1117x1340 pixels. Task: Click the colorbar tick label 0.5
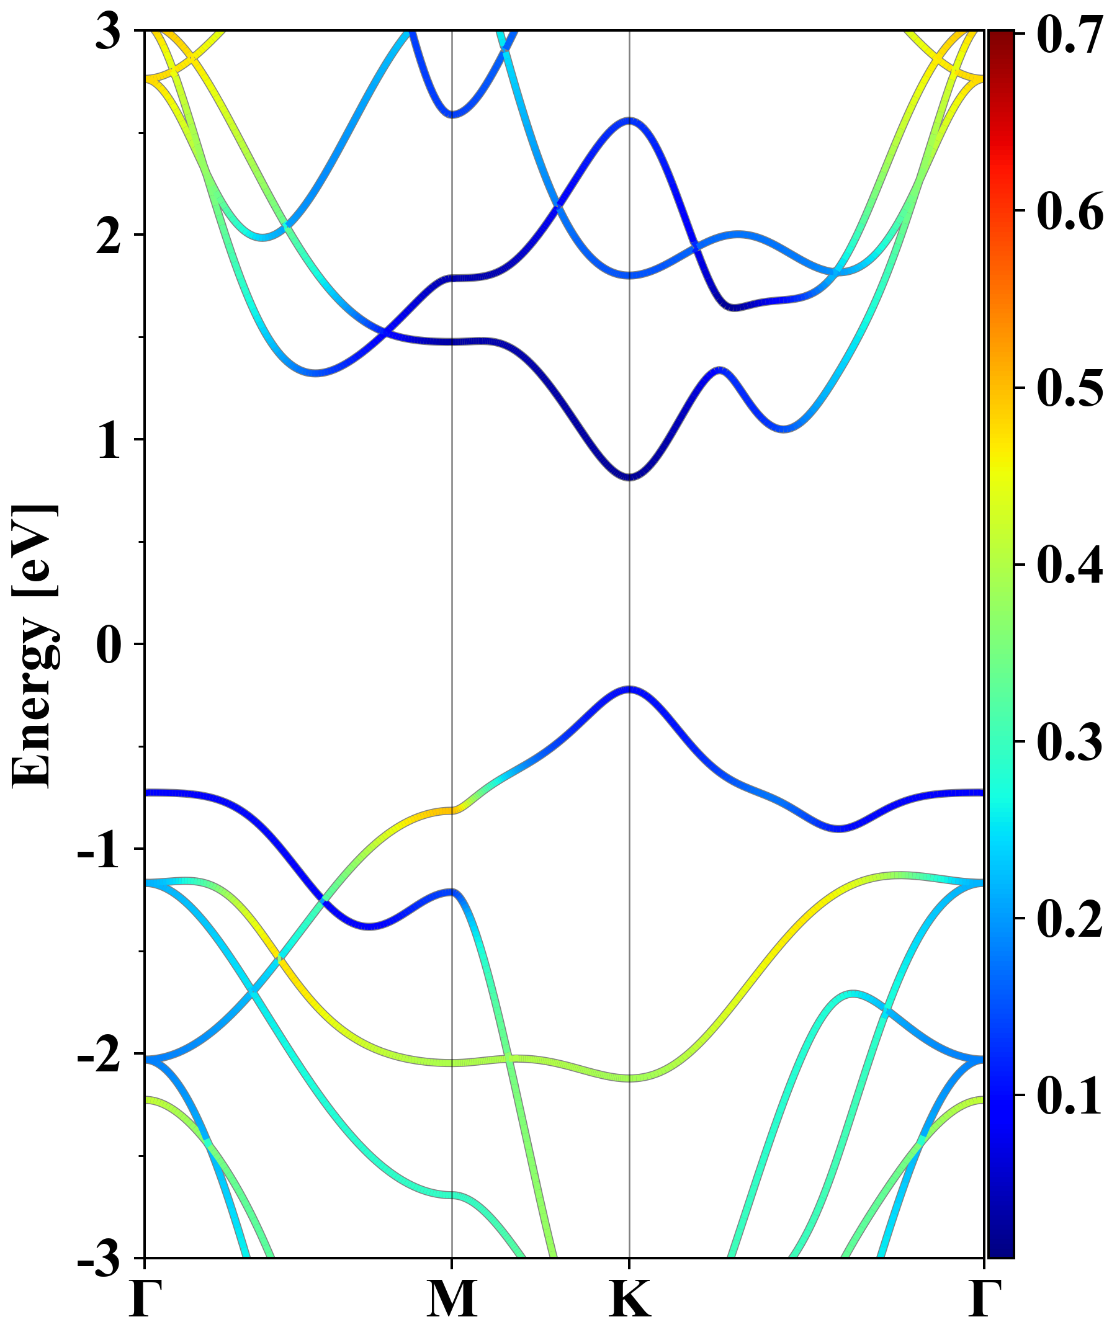click(x=1070, y=387)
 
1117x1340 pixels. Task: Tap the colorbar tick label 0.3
click(x=1070, y=741)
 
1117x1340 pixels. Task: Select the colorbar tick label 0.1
click(x=1070, y=1096)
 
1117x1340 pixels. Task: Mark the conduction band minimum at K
click(x=629, y=477)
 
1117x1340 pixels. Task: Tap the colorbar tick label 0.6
click(x=1070, y=210)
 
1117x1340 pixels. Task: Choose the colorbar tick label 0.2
click(x=1070, y=919)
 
